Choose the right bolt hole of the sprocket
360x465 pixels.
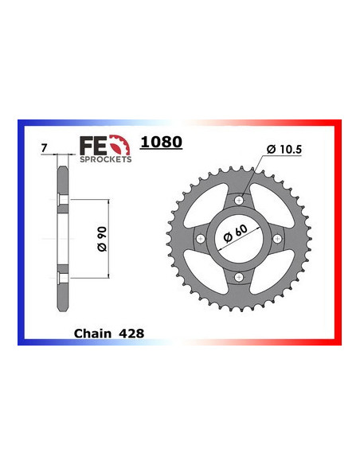[278, 238]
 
